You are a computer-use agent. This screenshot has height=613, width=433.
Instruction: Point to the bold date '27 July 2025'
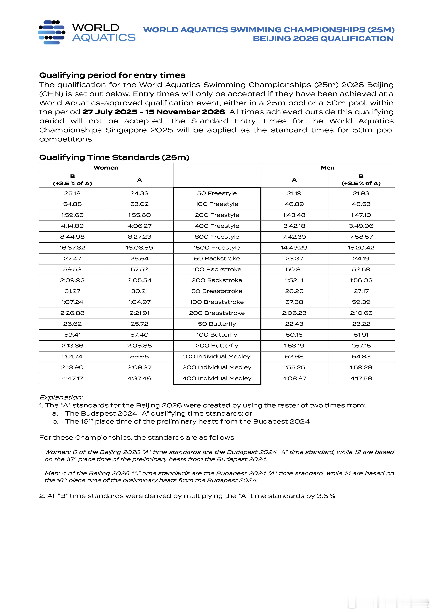110,112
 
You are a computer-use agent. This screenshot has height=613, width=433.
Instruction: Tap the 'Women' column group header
106,168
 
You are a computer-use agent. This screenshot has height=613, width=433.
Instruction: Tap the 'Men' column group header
328,168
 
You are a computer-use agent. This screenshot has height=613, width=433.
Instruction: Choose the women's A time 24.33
139,193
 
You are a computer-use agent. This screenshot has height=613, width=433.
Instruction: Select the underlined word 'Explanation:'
61,397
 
